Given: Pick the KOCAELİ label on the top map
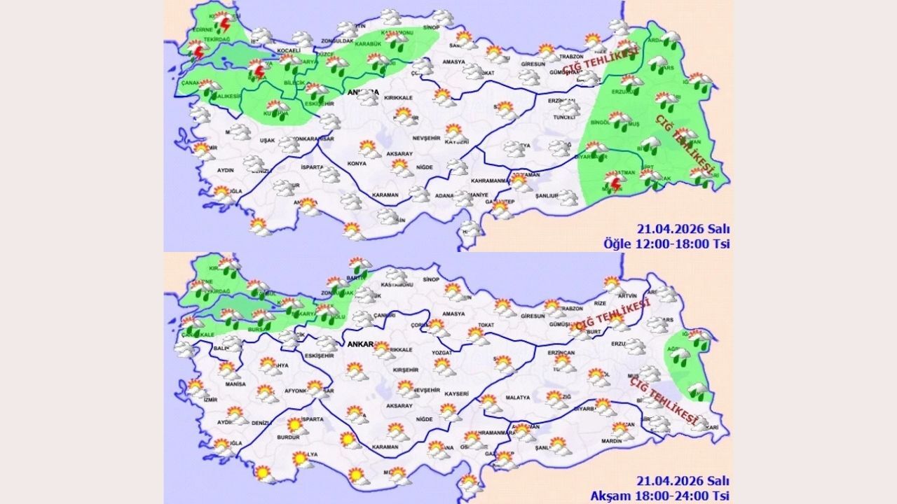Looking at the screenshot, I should pos(288,51).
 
